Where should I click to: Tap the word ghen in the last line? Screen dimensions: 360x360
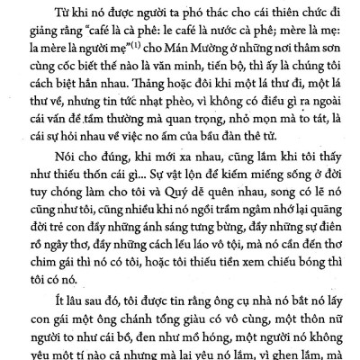(x=302, y=354)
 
